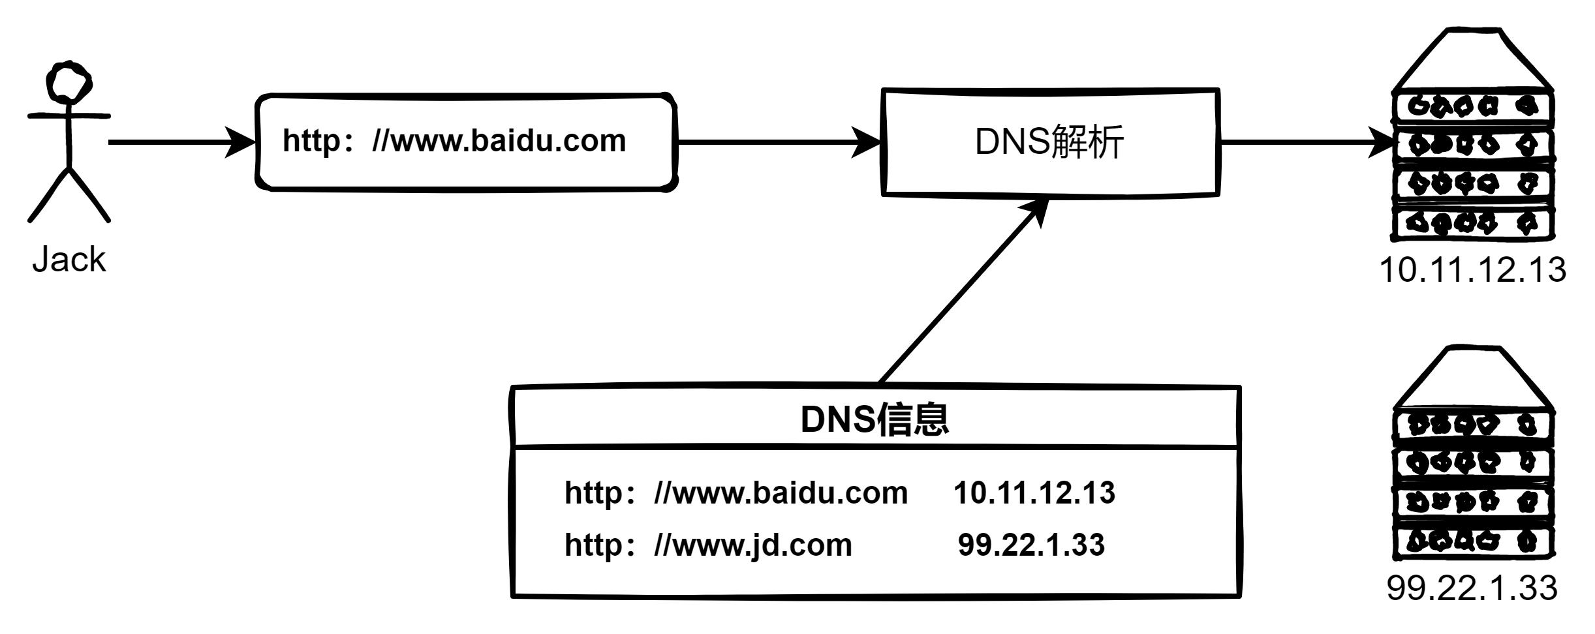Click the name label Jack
point(69,260)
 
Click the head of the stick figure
point(68,82)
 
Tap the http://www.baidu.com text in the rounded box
point(454,141)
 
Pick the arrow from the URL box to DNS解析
point(777,141)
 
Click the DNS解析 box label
point(1049,142)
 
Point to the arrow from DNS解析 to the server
point(1305,141)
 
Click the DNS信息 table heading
point(875,419)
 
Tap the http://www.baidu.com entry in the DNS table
point(736,492)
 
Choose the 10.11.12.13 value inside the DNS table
point(1034,492)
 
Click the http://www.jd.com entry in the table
point(708,545)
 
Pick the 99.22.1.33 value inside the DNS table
point(1031,545)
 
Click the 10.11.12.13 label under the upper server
point(1472,269)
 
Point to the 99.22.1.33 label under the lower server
point(1472,588)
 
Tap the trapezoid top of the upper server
point(1472,62)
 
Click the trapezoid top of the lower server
point(1472,380)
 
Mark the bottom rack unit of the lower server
point(1472,541)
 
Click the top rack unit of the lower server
point(1472,426)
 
